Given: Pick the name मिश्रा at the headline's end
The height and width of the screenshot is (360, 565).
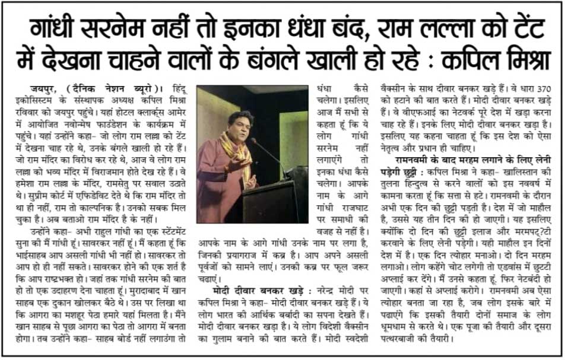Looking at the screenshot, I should [520, 61].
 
